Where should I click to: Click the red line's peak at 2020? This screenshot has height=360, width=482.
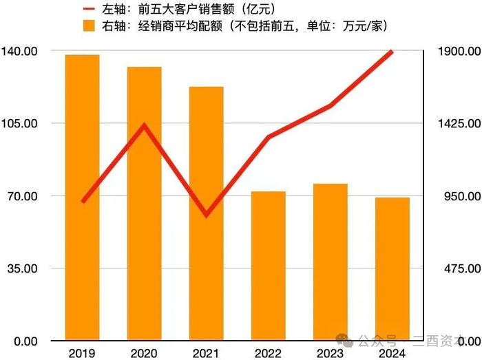click(144, 125)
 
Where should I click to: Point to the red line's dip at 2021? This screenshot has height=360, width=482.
click(206, 215)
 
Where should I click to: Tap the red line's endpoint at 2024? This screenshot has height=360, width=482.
click(392, 52)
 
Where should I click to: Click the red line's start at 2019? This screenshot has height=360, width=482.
click(83, 201)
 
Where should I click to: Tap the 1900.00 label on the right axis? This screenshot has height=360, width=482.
click(458, 51)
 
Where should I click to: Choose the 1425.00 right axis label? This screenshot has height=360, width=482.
click(458, 123)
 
